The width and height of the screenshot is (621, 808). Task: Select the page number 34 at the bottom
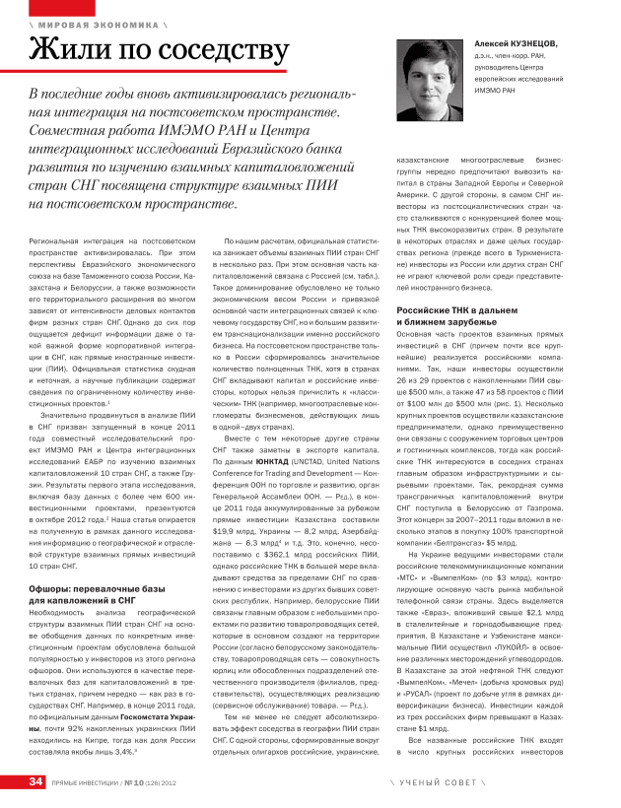coord(35,781)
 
